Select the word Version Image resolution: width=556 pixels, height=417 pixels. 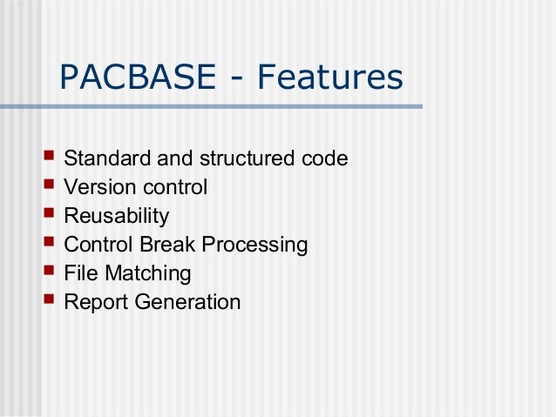tap(97, 188)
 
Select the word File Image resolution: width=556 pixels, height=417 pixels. tap(81, 274)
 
